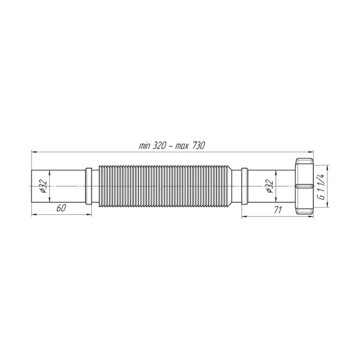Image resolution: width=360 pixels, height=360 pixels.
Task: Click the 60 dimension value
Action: coord(61,209)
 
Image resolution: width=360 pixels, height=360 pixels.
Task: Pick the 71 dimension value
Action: coord(278,209)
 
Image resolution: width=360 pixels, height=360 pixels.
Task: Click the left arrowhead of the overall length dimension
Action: coord(34,152)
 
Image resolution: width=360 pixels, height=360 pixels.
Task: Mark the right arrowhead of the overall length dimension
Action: coord(312,152)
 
